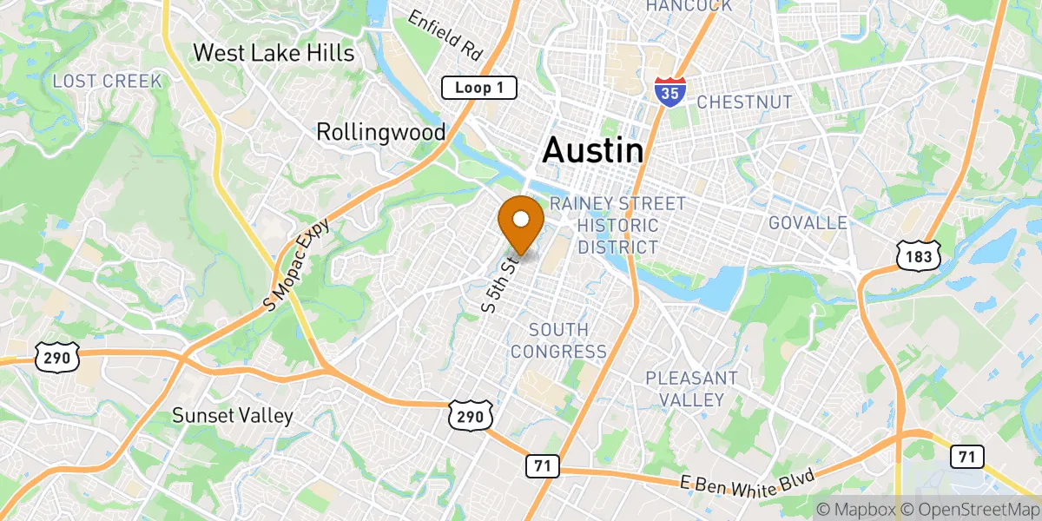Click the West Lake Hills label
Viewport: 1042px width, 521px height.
pyautogui.click(x=274, y=53)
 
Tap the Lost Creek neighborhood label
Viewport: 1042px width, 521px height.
pyautogui.click(x=108, y=82)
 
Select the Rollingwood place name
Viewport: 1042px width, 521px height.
pyautogui.click(x=380, y=132)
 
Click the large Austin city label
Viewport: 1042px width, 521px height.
pyautogui.click(x=593, y=151)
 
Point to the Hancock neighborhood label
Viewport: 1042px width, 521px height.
pyautogui.click(x=689, y=6)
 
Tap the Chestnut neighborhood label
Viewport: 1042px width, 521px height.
pyautogui.click(x=744, y=102)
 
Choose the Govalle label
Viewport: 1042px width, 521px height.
pyautogui.click(x=808, y=223)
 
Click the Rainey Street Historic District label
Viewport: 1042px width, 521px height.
pyautogui.click(x=617, y=225)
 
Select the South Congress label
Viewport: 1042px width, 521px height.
pyautogui.click(x=558, y=340)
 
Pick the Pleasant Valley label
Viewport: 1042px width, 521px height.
pyautogui.click(x=691, y=389)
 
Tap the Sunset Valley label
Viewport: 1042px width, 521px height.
pyautogui.click(x=233, y=415)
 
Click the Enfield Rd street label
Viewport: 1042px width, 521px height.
pyautogui.click(x=445, y=34)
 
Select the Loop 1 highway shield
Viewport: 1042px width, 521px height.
pyautogui.click(x=479, y=88)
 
